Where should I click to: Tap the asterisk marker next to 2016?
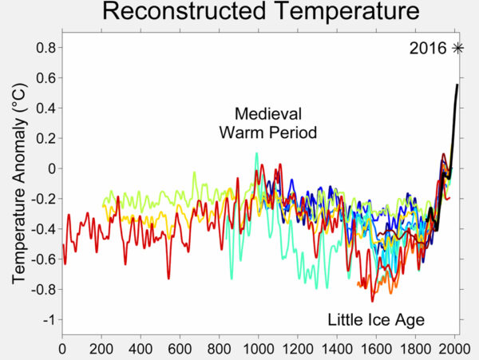[x=457, y=48]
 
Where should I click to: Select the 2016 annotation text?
[x=428, y=48]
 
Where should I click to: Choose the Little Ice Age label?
[x=376, y=320]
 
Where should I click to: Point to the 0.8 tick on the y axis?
[x=46, y=48]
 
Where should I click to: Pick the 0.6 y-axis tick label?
[x=46, y=78]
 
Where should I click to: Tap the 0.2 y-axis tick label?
[x=46, y=139]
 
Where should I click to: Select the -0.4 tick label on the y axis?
[x=43, y=229]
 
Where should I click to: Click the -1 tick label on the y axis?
[x=50, y=319]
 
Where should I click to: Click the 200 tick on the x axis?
[x=101, y=348]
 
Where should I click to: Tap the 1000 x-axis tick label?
[x=258, y=348]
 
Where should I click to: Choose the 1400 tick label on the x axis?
[x=336, y=348]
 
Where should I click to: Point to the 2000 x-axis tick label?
[x=453, y=348]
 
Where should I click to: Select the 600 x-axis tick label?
[x=180, y=348]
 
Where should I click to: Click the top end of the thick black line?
[x=457, y=85]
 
